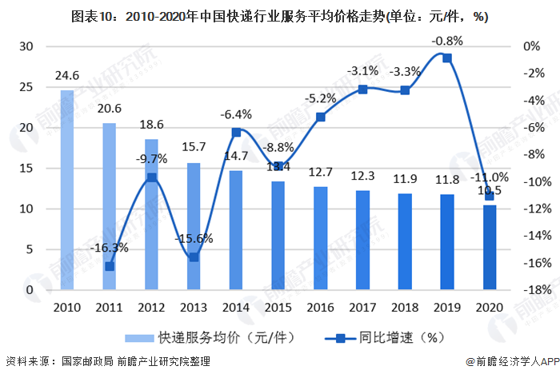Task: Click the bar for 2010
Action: pos(66,189)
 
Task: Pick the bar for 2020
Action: pos(489,247)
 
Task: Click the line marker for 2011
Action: pos(110,266)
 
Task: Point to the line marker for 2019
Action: pos(447,58)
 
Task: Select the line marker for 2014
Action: pos(236,133)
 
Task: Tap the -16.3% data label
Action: pos(109,248)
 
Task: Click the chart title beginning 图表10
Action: pos(279,15)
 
